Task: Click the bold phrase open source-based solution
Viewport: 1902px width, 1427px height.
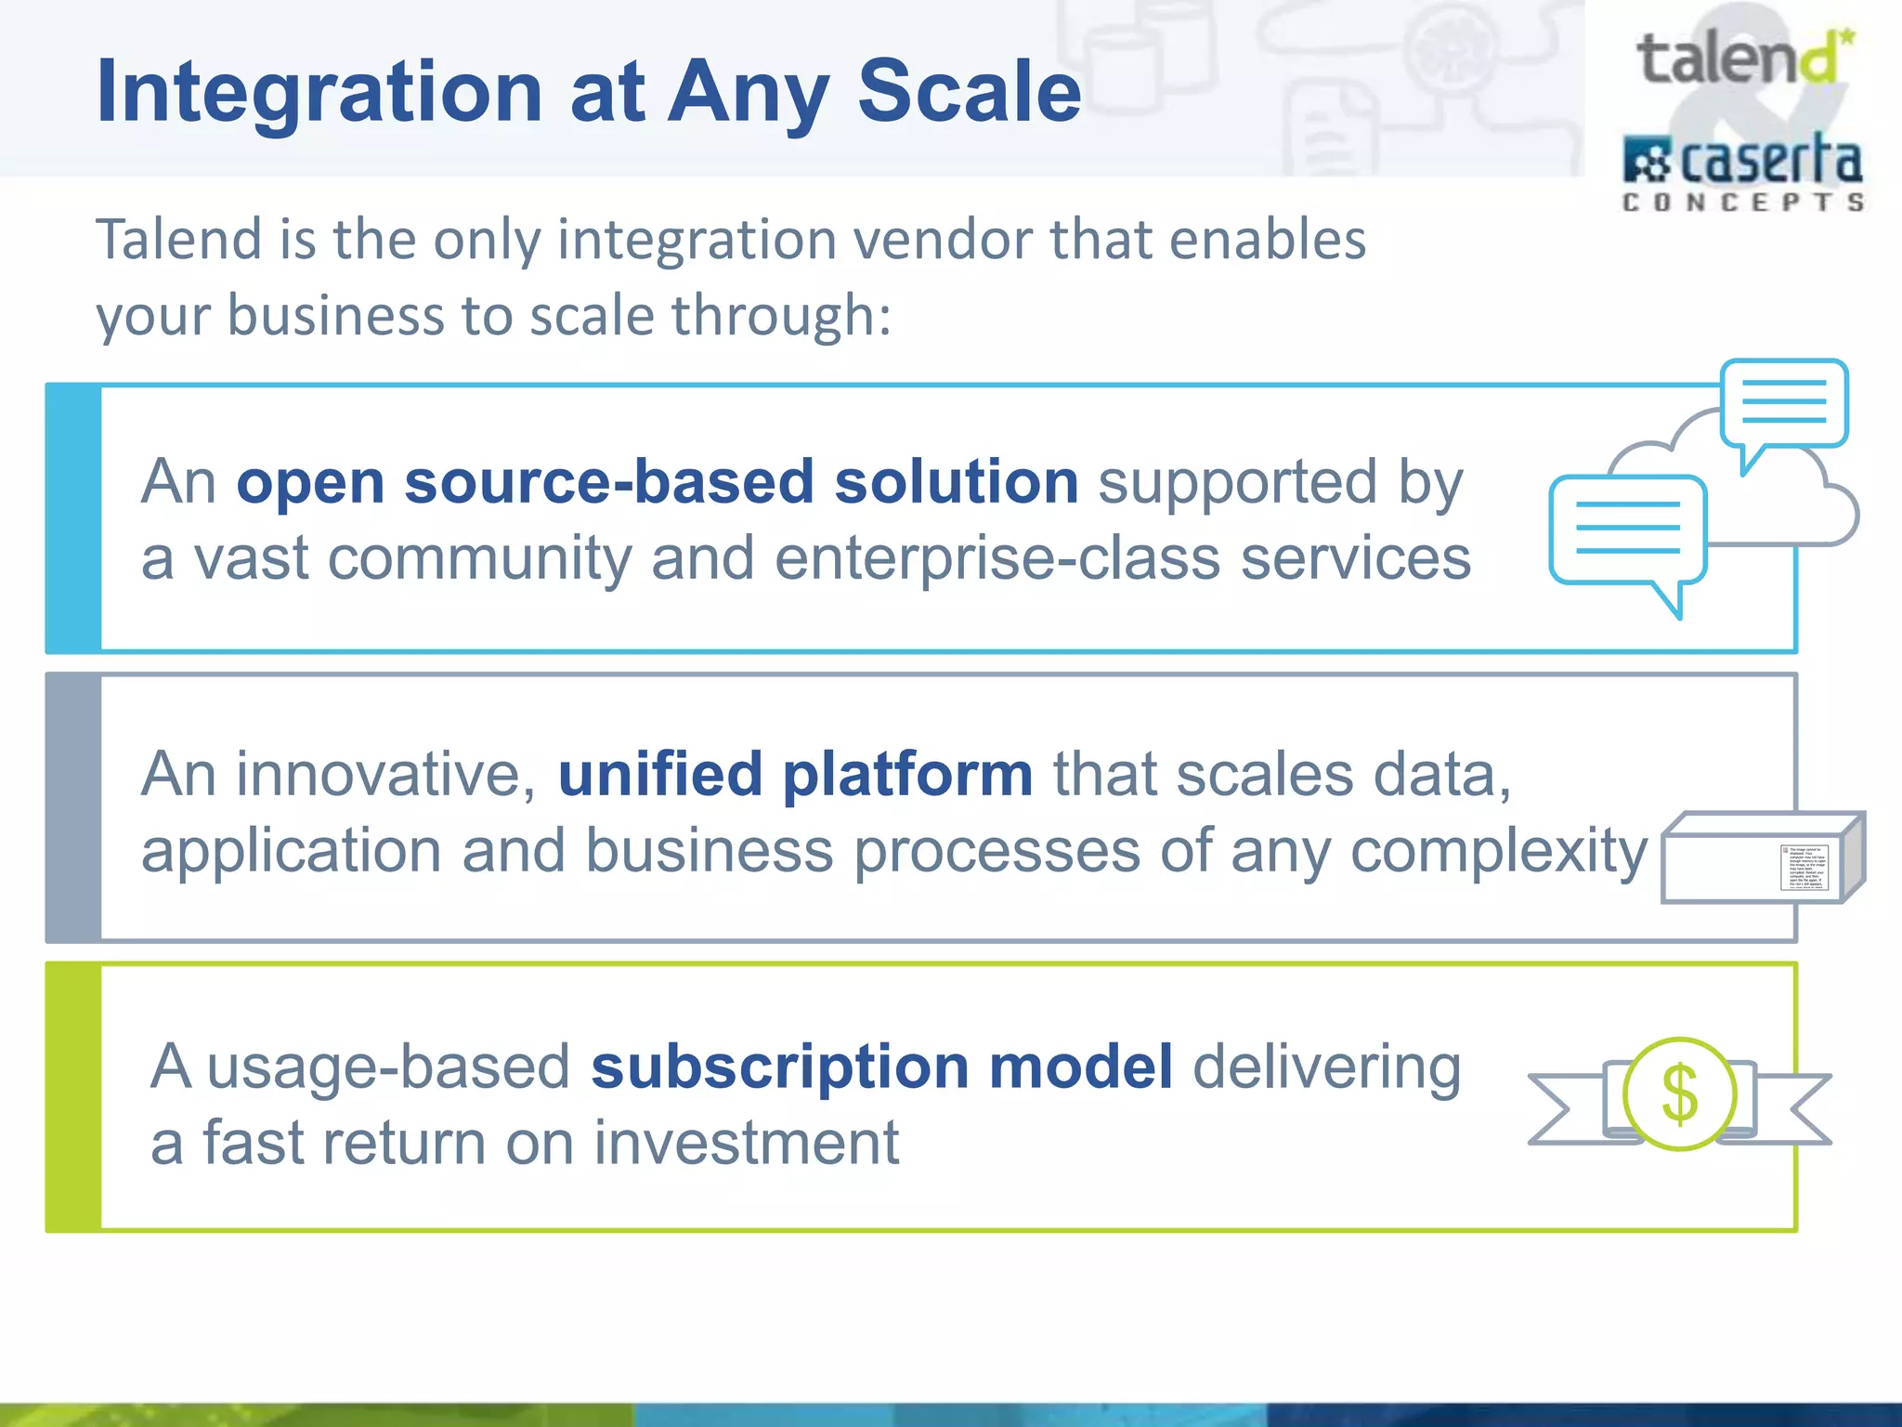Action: [x=658, y=482]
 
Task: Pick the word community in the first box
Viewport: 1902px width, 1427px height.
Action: [x=479, y=558]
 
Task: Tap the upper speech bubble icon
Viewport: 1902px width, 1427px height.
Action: [x=1784, y=406]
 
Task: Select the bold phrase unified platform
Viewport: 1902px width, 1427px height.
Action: [x=795, y=774]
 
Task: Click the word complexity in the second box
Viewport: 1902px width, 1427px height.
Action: [x=1499, y=850]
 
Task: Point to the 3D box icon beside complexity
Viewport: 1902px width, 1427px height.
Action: [x=1761, y=858]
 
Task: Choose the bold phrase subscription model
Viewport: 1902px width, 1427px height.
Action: [x=882, y=1066]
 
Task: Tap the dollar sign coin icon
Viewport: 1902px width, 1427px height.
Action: [x=1679, y=1094]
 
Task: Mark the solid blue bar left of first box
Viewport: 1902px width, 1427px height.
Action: [x=73, y=518]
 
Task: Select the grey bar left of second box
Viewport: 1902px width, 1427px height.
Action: [x=73, y=807]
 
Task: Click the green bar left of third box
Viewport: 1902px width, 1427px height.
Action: [x=73, y=1097]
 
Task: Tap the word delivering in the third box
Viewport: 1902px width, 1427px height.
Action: [x=1326, y=1066]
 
